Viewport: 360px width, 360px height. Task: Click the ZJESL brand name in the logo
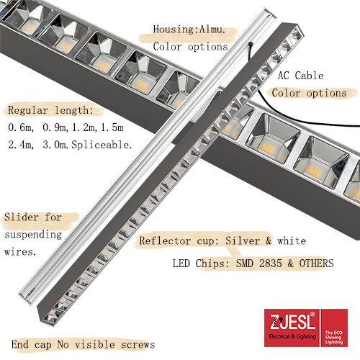[292, 322]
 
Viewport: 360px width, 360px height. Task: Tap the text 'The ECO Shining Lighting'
[334, 338]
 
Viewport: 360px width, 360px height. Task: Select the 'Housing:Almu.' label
[189, 30]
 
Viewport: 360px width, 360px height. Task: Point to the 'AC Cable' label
[301, 76]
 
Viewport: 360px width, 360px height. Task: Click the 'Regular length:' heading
[51, 110]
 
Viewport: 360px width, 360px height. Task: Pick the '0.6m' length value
[21, 127]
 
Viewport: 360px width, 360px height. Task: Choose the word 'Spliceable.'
[102, 145]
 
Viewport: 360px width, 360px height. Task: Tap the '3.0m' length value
[57, 145]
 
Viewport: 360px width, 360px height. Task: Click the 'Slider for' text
[33, 217]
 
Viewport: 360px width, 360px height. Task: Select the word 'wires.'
[20, 252]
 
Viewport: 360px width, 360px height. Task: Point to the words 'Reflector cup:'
[179, 240]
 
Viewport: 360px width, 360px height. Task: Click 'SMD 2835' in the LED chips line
[259, 264]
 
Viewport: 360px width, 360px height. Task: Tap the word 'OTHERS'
[316, 264]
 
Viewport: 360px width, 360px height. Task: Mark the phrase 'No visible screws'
[106, 345]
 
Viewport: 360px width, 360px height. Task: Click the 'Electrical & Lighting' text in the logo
[292, 336]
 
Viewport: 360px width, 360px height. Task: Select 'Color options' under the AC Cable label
[309, 93]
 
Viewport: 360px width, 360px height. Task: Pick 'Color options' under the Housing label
[190, 47]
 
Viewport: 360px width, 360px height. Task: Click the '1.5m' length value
[112, 127]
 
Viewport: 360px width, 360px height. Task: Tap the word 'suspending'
[33, 235]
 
